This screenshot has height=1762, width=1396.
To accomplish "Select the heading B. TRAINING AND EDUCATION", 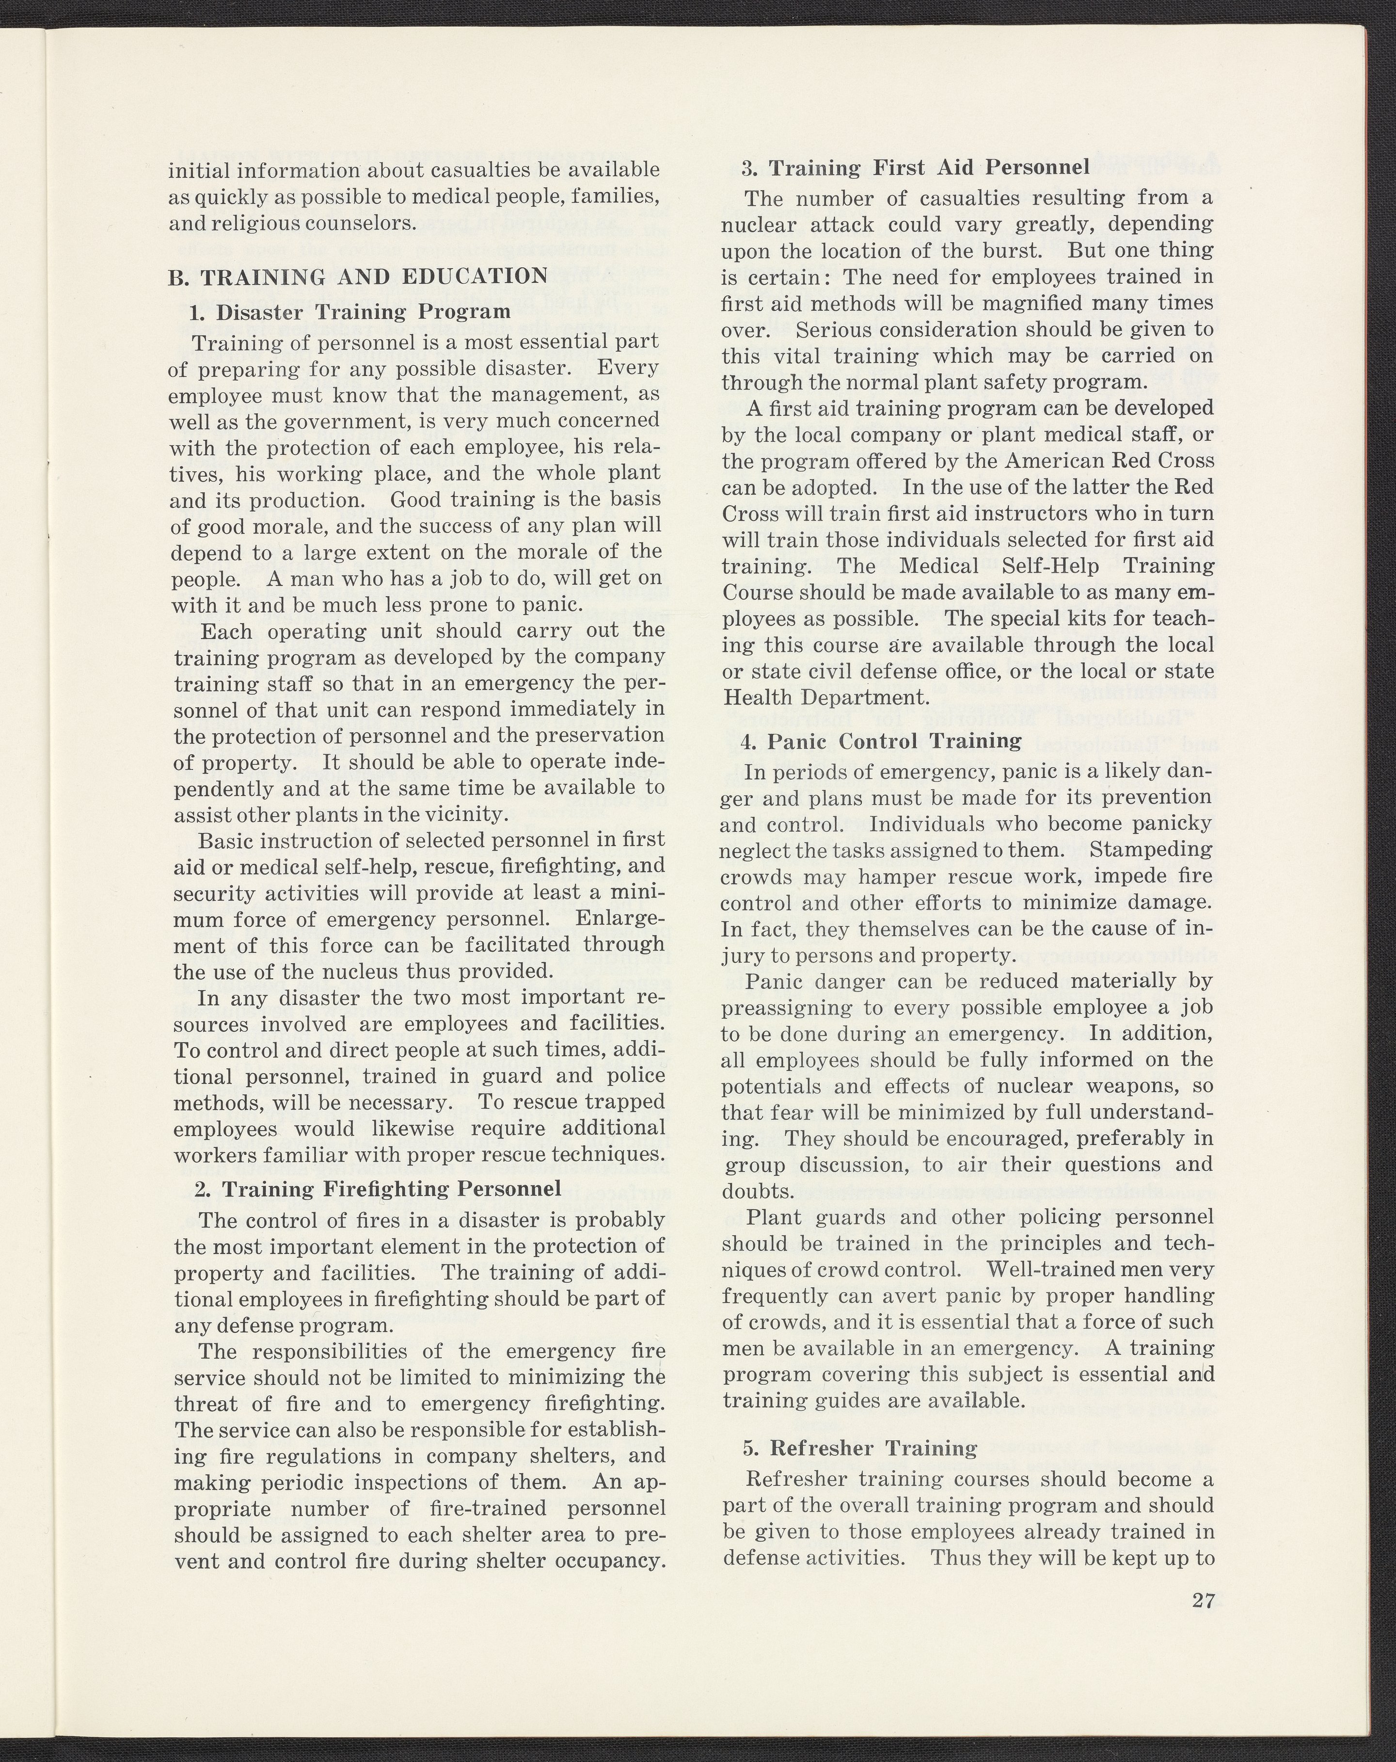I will [x=358, y=276].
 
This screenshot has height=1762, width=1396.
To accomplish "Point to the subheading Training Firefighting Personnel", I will [x=378, y=1188].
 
